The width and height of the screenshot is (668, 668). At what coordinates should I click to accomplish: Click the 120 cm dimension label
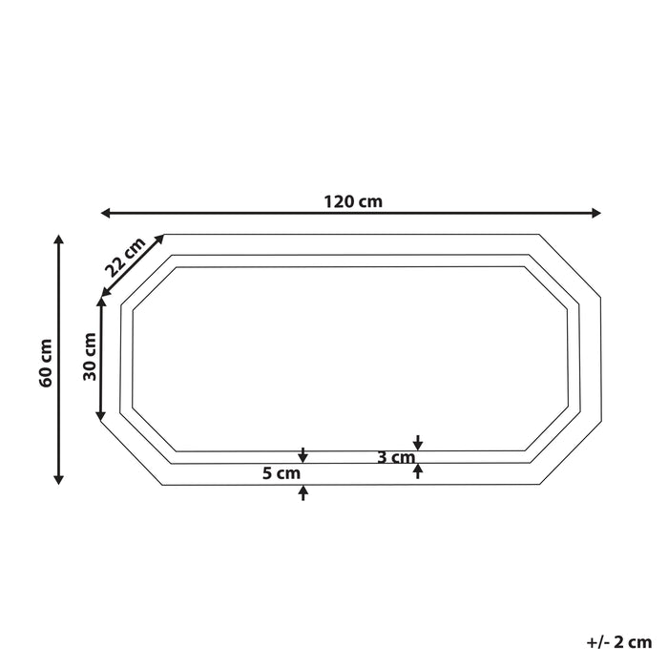352,201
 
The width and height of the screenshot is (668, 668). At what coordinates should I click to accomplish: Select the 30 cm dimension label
91,357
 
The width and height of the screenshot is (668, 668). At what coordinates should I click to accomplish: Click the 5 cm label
282,472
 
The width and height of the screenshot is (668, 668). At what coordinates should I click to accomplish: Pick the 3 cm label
394,457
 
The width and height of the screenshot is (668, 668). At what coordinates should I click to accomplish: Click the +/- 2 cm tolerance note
620,642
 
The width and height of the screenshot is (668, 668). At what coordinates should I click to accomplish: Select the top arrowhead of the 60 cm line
59,240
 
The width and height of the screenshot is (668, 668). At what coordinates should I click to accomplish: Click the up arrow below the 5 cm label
303,492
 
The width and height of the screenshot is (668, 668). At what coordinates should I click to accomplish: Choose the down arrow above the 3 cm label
418,443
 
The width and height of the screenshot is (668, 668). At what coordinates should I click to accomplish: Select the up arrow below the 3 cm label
418,470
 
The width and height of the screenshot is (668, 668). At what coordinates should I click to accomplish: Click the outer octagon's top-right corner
540,234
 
